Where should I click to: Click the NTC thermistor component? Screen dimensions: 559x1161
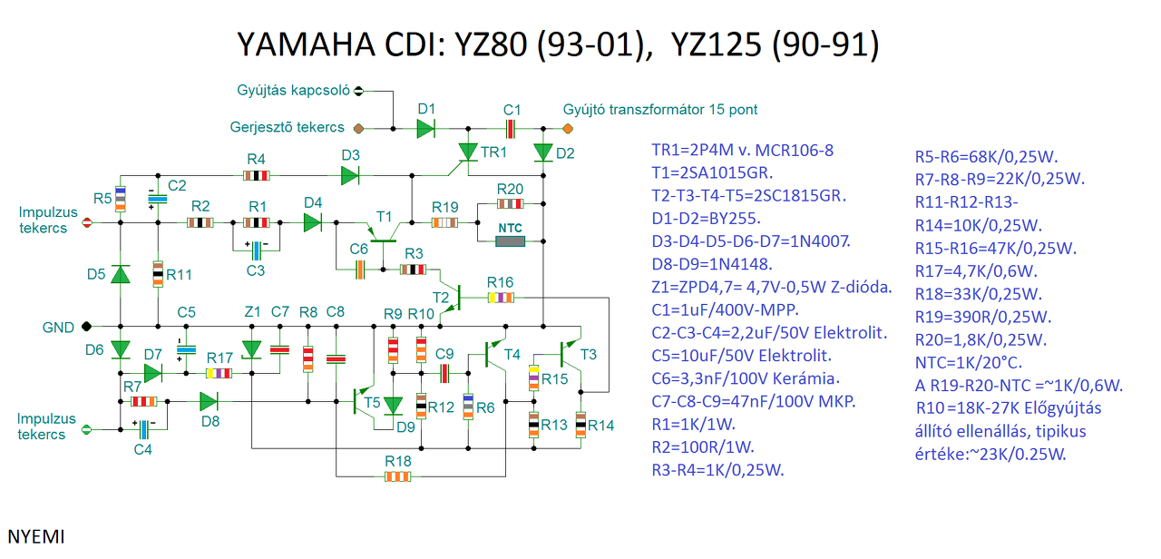510,241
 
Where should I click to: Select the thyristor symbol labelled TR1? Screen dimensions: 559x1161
468,151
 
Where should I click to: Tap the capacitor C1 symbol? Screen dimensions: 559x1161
512,129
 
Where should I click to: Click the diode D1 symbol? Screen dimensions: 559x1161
426,129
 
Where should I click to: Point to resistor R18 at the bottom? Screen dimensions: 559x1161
397,476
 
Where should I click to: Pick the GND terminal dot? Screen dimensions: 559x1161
86,327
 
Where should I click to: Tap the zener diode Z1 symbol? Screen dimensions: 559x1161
251,348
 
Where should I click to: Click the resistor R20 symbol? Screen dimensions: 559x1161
510,202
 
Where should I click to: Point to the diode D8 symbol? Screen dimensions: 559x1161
209,400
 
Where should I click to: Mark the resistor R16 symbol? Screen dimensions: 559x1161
500,297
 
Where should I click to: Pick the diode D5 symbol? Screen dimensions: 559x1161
120,275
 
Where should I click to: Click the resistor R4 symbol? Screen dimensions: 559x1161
257,174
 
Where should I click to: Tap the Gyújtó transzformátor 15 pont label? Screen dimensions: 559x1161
659,110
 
